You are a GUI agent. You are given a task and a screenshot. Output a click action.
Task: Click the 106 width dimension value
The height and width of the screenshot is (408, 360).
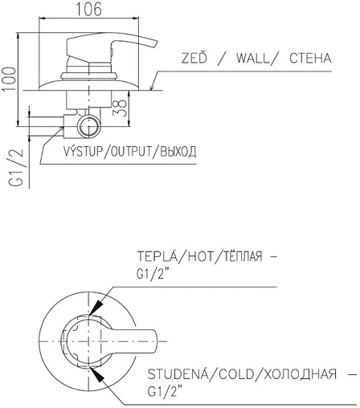89,10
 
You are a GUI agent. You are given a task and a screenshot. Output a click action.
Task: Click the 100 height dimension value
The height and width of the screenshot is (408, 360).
10,80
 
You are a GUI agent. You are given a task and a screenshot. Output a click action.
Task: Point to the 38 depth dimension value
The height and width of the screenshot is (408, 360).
120,108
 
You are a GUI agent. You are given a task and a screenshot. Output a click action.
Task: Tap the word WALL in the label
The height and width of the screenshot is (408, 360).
253,59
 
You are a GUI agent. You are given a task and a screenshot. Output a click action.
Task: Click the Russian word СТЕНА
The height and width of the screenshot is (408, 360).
310,59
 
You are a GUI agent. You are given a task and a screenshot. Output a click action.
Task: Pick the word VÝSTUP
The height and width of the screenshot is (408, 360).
83,151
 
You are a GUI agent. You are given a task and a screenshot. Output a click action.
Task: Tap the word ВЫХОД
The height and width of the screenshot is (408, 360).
178,152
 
